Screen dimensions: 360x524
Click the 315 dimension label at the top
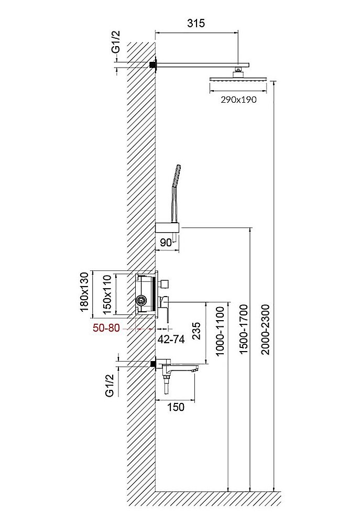196,24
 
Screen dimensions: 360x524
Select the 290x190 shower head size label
238,100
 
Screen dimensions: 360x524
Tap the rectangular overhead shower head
238,80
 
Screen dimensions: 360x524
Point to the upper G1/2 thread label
116,41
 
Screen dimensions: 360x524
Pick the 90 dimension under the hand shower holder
166,243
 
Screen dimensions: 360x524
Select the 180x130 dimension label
85,292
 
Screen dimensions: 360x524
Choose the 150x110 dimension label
106,294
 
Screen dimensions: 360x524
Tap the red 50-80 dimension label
106,328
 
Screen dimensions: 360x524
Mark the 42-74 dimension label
171,340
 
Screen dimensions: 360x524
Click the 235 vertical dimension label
197,331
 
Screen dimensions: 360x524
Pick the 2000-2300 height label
266,329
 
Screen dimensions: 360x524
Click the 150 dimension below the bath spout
176,407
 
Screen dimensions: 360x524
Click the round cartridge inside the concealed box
141,300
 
